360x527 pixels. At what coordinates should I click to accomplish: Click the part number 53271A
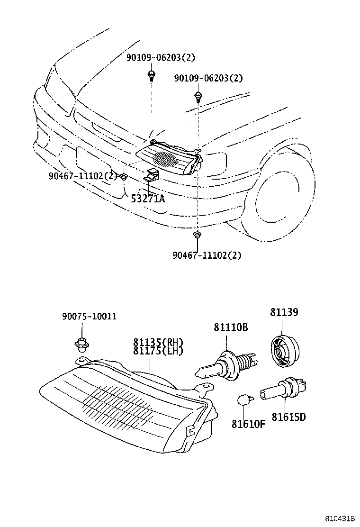[147, 198]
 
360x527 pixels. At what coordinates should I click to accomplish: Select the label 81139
[284, 312]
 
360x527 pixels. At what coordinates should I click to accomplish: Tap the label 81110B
[231, 327]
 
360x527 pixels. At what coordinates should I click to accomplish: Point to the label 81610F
[248, 423]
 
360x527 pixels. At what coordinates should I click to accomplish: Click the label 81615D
[288, 417]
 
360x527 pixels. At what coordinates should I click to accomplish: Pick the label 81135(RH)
[158, 342]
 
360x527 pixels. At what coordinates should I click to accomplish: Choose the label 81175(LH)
[158, 351]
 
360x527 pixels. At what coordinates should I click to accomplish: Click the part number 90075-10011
[89, 316]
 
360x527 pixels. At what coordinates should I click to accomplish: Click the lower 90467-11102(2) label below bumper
[207, 255]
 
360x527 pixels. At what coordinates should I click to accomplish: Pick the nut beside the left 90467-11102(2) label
[124, 177]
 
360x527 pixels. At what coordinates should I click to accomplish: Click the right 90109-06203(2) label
[208, 78]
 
